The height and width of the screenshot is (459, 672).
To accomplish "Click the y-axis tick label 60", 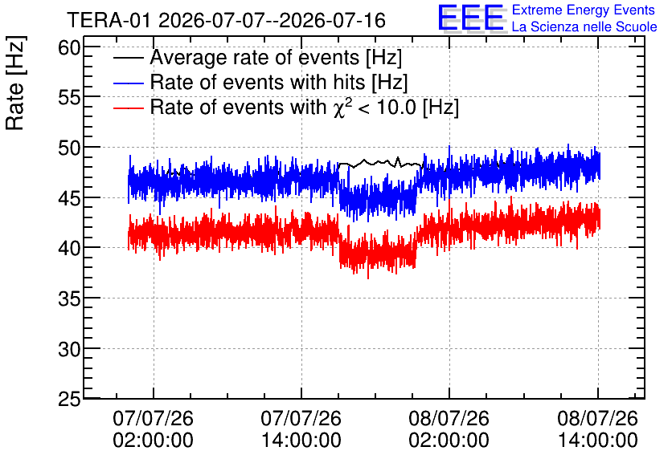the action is click(x=69, y=47).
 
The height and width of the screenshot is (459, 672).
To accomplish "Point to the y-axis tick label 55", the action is click(x=69, y=98).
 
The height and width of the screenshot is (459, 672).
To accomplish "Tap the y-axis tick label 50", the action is click(x=69, y=148).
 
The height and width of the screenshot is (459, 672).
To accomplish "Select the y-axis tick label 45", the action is click(x=69, y=197).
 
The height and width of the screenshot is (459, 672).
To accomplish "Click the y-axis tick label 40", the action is click(x=69, y=248).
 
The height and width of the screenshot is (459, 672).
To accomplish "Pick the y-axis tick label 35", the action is click(x=69, y=299).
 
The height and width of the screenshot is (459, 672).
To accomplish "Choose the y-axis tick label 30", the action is click(x=69, y=348).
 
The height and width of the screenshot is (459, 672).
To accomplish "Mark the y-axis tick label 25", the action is click(x=69, y=399).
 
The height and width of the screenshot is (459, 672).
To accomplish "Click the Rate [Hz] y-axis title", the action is click(x=15, y=83).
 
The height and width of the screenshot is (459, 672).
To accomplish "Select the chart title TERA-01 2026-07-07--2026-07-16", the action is click(x=227, y=20).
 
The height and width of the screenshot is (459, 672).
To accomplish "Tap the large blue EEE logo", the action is click(x=470, y=18).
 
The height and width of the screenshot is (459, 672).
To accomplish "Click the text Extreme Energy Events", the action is click(x=584, y=10).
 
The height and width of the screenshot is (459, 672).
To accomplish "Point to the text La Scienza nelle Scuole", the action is click(x=584, y=26).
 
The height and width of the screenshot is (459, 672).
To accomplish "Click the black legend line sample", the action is click(x=129, y=58).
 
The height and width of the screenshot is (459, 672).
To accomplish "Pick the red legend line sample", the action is click(x=129, y=108).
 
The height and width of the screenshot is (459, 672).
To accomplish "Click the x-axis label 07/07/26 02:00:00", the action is click(x=153, y=429).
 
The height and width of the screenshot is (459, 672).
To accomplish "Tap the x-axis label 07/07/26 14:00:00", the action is click(x=301, y=429).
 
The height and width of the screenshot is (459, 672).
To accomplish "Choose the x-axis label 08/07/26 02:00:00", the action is click(x=449, y=429).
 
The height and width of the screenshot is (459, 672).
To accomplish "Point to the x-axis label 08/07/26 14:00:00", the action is click(x=597, y=429).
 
